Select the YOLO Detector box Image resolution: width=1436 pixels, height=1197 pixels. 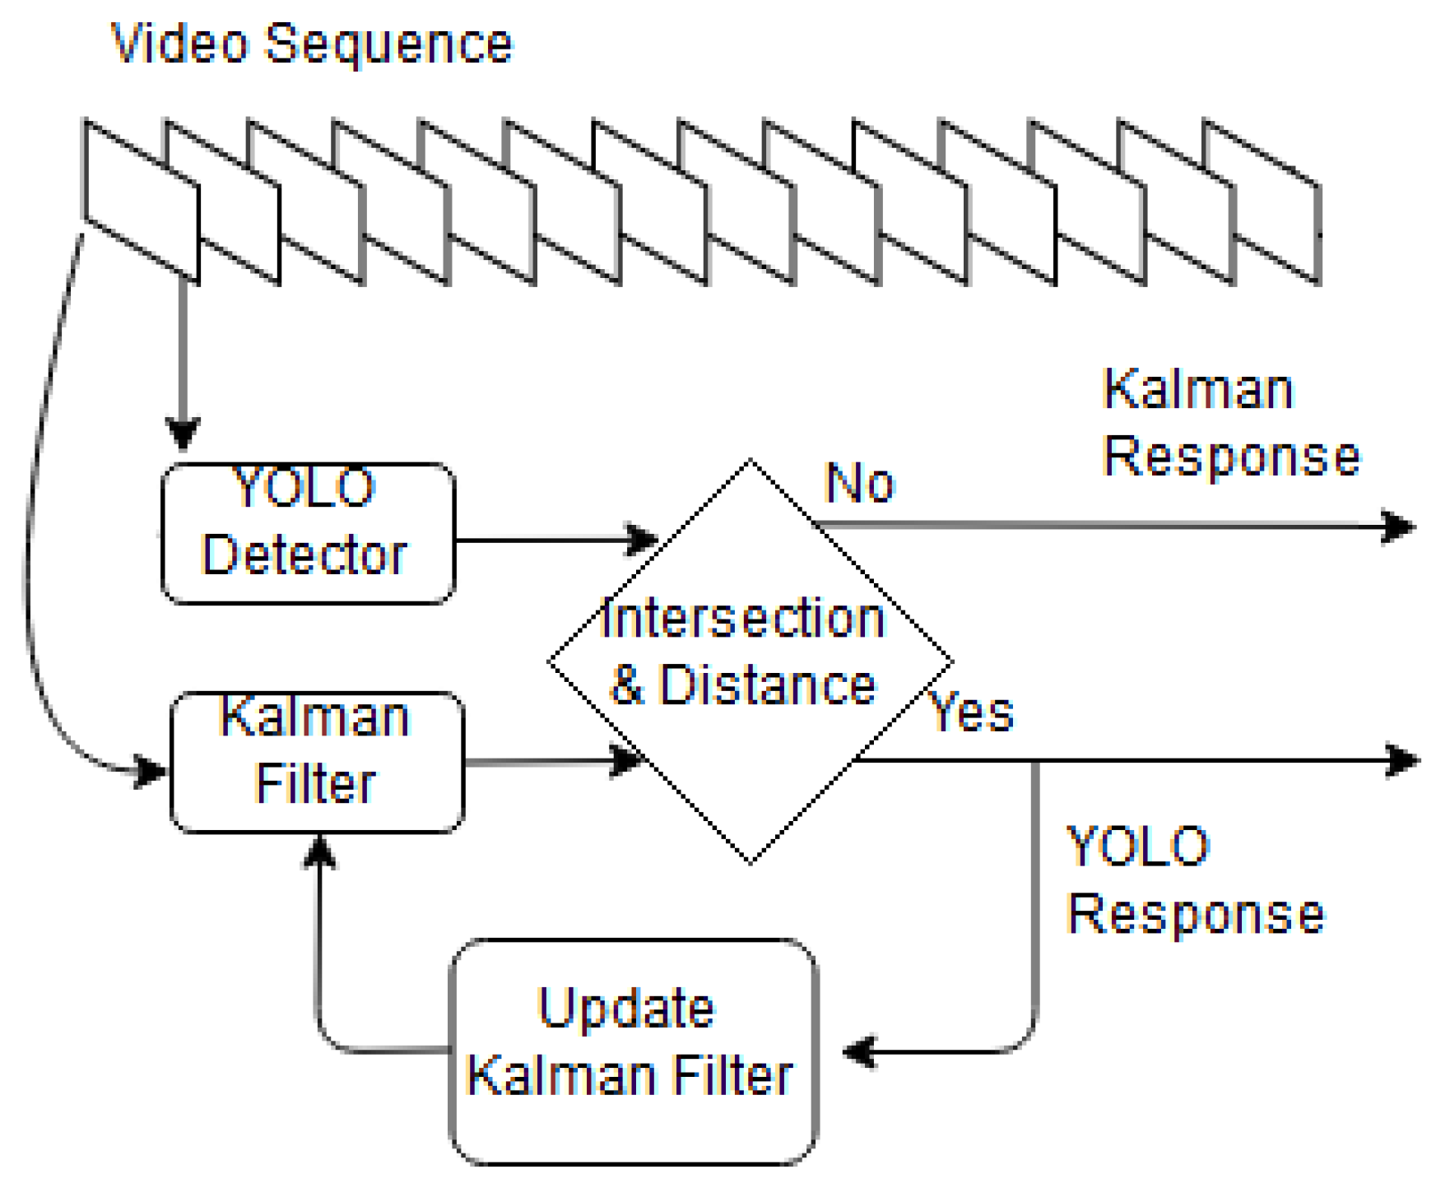coord(308,533)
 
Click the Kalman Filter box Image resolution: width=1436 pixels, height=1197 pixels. coord(317,762)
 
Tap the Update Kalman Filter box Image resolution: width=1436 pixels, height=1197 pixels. coord(633,1051)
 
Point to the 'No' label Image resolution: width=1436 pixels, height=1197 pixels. coord(859,483)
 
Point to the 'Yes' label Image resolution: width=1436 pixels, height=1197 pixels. coord(971,712)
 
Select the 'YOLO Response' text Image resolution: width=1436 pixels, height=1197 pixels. coord(1194,879)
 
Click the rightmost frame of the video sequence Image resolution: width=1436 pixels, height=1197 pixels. coord(1262,201)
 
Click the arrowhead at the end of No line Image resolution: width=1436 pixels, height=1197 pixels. coord(1399,526)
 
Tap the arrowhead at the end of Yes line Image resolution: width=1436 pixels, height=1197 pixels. coord(1403,759)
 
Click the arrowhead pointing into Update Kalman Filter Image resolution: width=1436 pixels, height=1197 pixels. coord(860,1051)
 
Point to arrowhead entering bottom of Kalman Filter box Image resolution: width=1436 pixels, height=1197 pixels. coord(319,852)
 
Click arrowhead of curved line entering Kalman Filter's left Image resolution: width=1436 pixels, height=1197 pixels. coord(151,771)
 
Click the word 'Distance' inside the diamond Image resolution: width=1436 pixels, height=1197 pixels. coord(767,684)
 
